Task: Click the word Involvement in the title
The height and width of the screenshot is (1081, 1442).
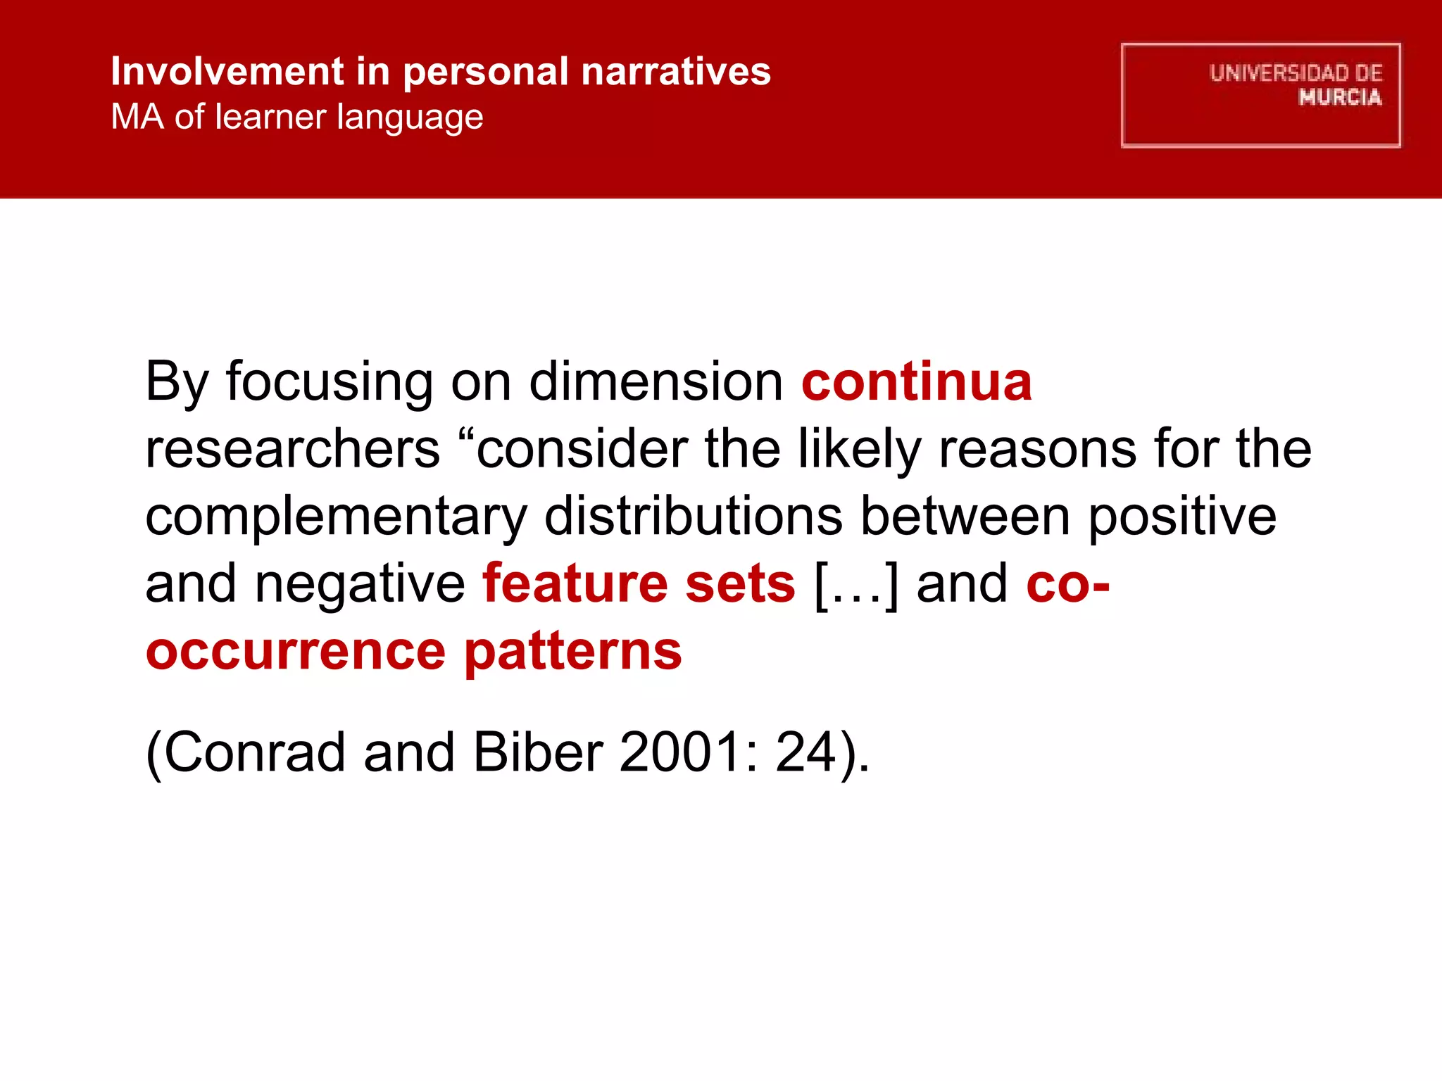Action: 227,72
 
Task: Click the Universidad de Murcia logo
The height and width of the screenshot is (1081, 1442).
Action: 1260,95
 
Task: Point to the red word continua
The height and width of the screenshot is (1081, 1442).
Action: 916,382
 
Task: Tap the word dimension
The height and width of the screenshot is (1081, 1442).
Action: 656,382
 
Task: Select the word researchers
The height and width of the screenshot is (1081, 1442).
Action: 292,450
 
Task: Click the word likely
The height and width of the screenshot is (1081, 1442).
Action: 859,450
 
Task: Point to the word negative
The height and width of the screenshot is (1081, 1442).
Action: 359,585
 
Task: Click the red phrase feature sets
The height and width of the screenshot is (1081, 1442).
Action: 638,583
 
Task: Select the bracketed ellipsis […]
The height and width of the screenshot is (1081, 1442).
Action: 855,585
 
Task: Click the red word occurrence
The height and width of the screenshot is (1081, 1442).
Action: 295,651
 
